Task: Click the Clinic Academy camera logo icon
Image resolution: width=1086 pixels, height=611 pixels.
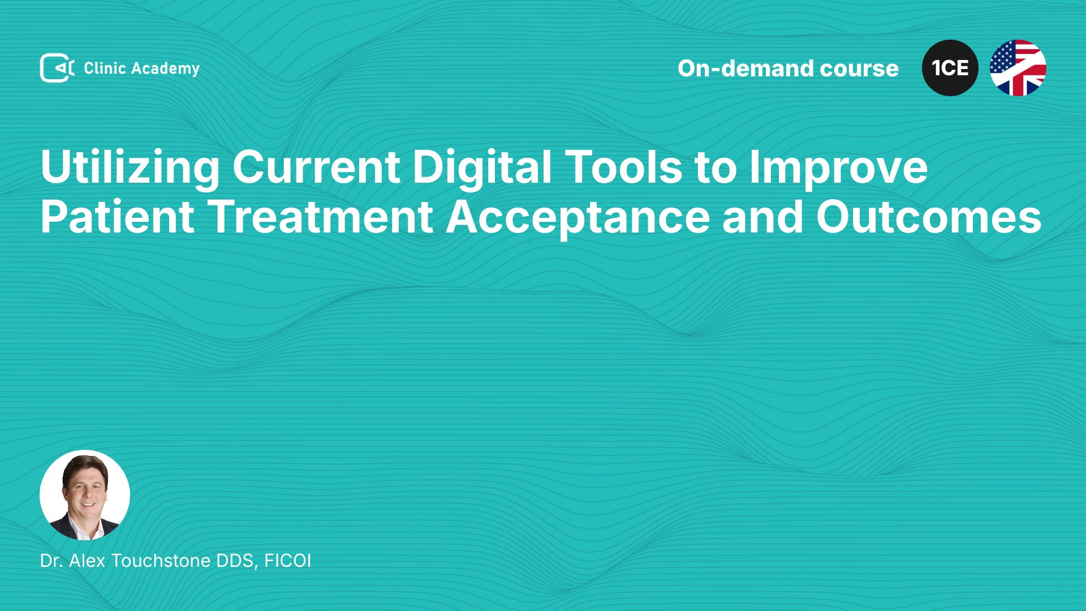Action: click(57, 68)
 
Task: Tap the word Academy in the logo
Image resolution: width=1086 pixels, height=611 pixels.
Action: click(165, 69)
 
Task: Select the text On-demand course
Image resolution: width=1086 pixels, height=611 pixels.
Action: click(788, 68)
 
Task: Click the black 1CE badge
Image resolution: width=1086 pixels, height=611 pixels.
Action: click(950, 68)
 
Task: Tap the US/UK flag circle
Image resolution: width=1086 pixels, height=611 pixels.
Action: click(1018, 68)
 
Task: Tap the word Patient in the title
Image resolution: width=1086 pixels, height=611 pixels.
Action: click(118, 217)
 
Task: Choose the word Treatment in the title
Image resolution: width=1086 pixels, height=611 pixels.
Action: click(321, 217)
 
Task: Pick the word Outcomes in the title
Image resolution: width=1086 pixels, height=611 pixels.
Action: click(929, 217)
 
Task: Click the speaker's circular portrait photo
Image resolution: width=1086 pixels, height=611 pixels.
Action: click(85, 495)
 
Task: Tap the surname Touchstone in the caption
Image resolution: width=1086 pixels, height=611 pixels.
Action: click(161, 561)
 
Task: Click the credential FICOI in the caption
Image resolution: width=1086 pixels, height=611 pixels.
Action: click(287, 561)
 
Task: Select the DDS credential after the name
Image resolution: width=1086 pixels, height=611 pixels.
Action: click(238, 561)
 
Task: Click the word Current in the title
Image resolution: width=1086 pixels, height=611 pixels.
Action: click(316, 167)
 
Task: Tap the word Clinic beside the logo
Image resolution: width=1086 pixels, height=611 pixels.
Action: click(105, 68)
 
